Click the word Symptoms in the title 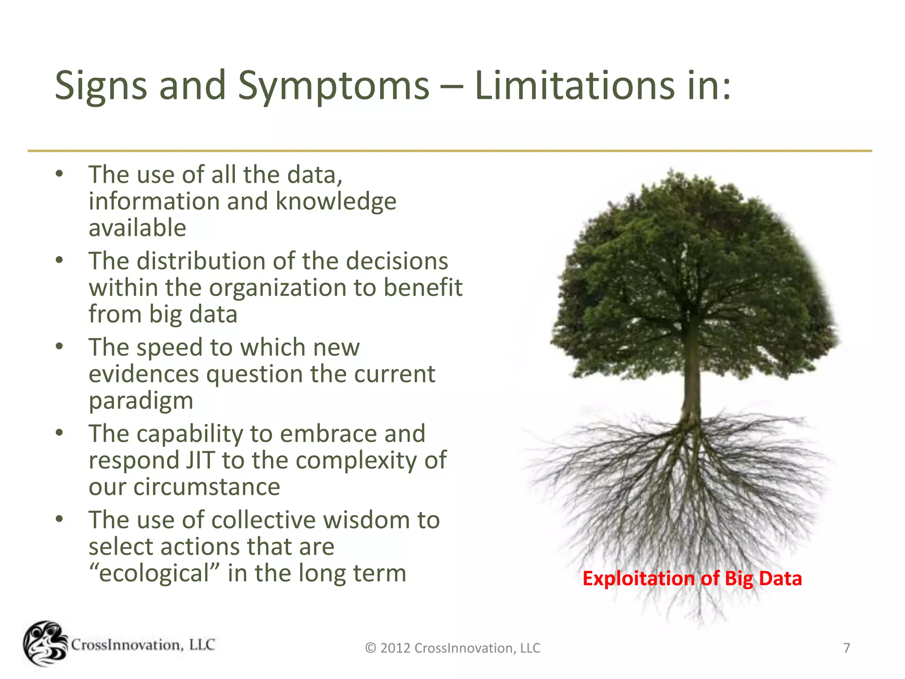pyautogui.click(x=333, y=86)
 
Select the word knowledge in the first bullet pyautogui.click(x=336, y=202)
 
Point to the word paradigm pyautogui.click(x=141, y=401)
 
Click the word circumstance pyautogui.click(x=207, y=487)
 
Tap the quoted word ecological pyautogui.click(x=154, y=573)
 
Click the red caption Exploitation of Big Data pyautogui.click(x=692, y=579)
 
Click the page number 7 pyautogui.click(x=846, y=648)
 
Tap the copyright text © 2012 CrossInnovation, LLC pyautogui.click(x=452, y=648)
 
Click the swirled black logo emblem pyautogui.click(x=45, y=644)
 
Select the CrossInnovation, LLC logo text pyautogui.click(x=143, y=645)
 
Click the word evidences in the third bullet pyautogui.click(x=144, y=374)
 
